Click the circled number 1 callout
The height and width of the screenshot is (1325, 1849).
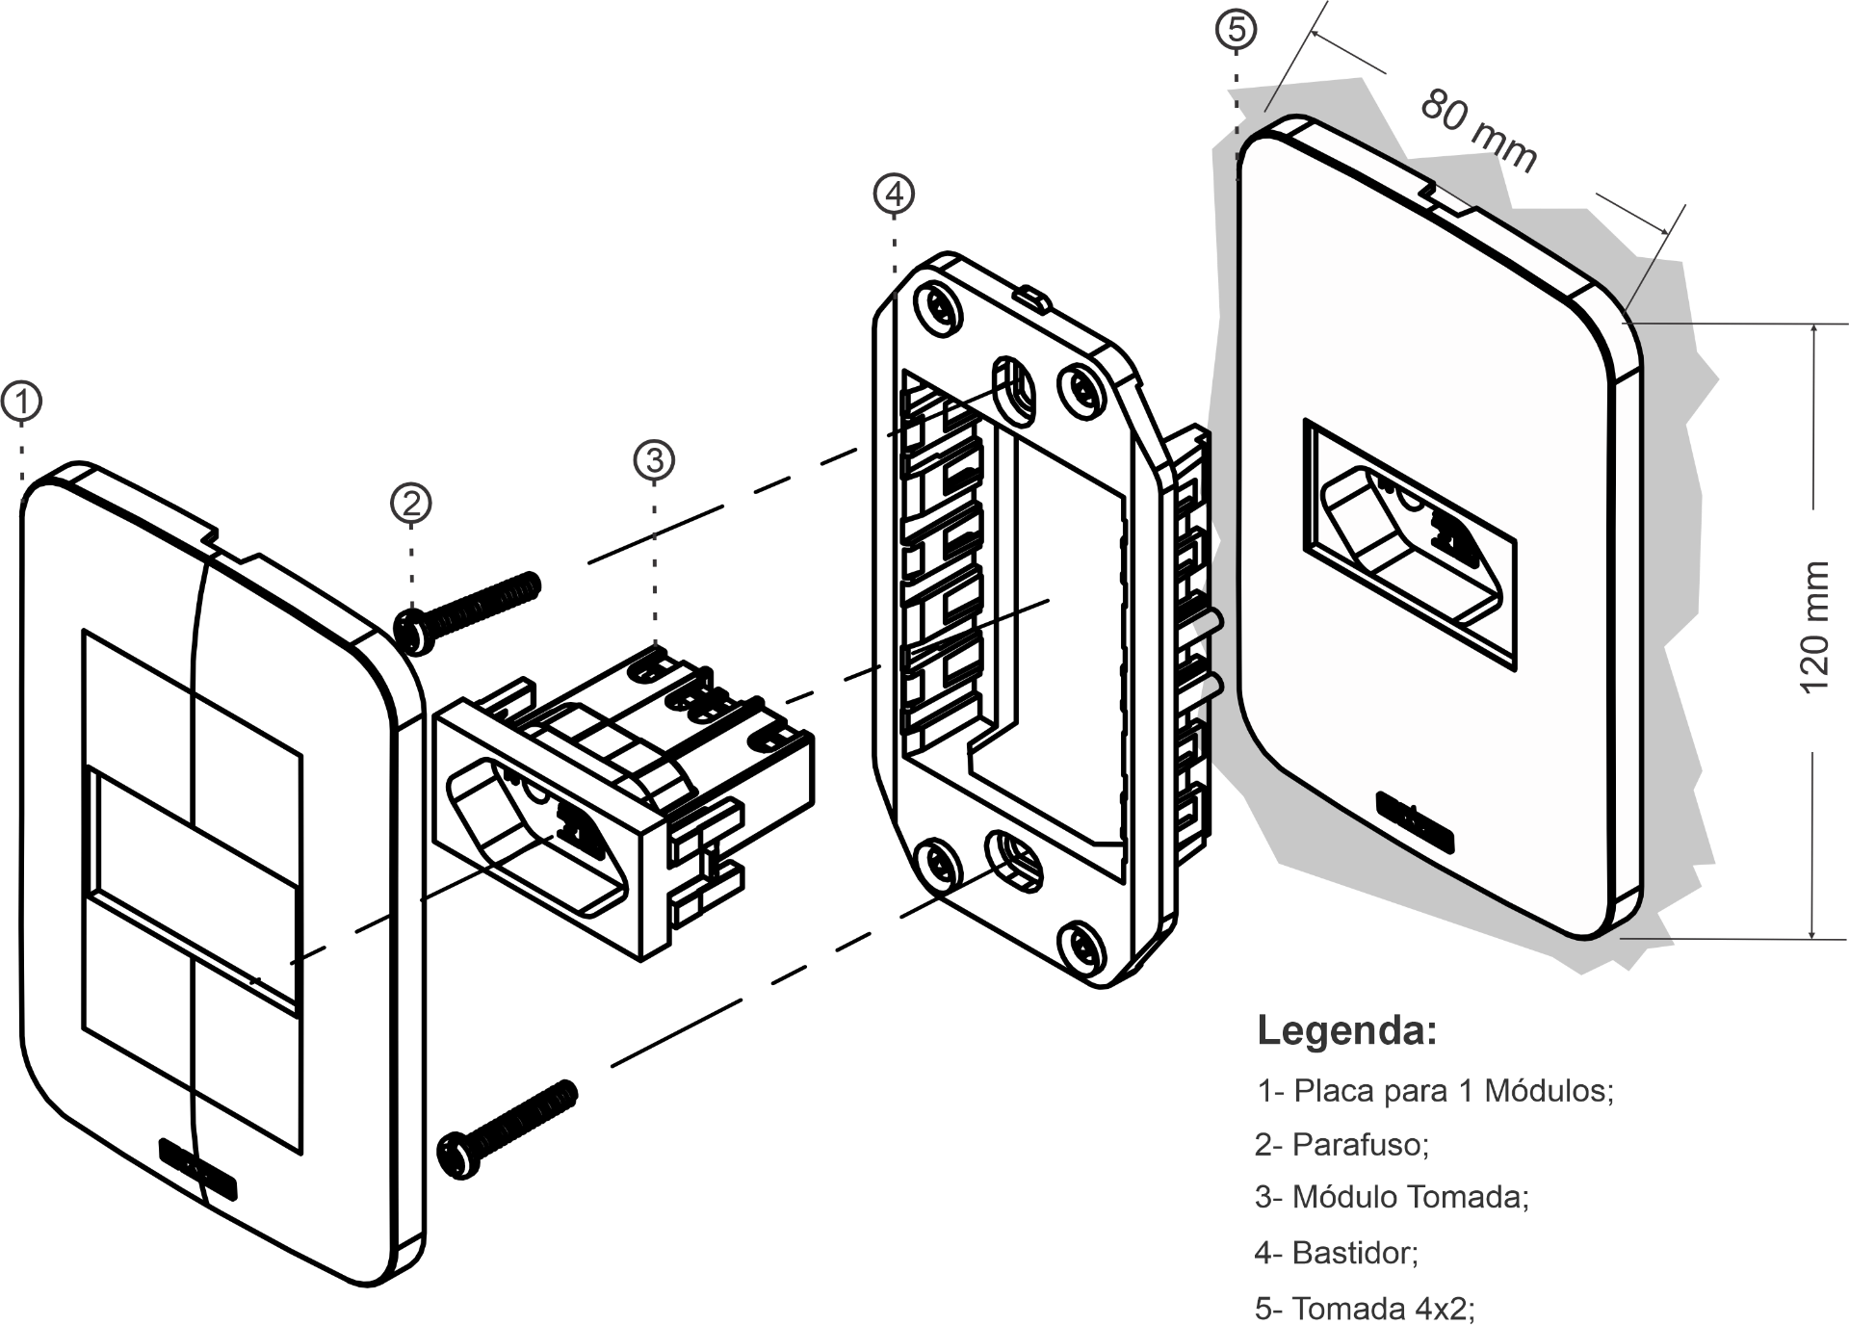pyautogui.click(x=21, y=402)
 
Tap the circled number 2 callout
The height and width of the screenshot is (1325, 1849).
pyautogui.click(x=411, y=503)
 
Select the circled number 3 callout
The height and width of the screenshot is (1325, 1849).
pyautogui.click(x=655, y=459)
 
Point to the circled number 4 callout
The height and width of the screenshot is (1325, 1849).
pyautogui.click(x=895, y=194)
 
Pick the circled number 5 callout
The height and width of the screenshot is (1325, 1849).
pyautogui.click(x=1237, y=30)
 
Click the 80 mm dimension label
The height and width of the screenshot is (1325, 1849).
pyautogui.click(x=1478, y=130)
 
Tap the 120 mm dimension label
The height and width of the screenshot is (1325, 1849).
pyautogui.click(x=1812, y=627)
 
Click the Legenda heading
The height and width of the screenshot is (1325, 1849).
pyautogui.click(x=1346, y=1030)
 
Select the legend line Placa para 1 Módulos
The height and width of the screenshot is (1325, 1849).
pyautogui.click(x=1435, y=1091)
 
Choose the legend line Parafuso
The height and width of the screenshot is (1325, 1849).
pyautogui.click(x=1341, y=1144)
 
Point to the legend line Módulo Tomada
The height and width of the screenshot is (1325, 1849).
pyautogui.click(x=1392, y=1197)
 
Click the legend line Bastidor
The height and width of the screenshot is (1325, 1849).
pyautogui.click(x=1337, y=1253)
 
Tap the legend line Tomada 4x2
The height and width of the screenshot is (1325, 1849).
pyautogui.click(x=1365, y=1309)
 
